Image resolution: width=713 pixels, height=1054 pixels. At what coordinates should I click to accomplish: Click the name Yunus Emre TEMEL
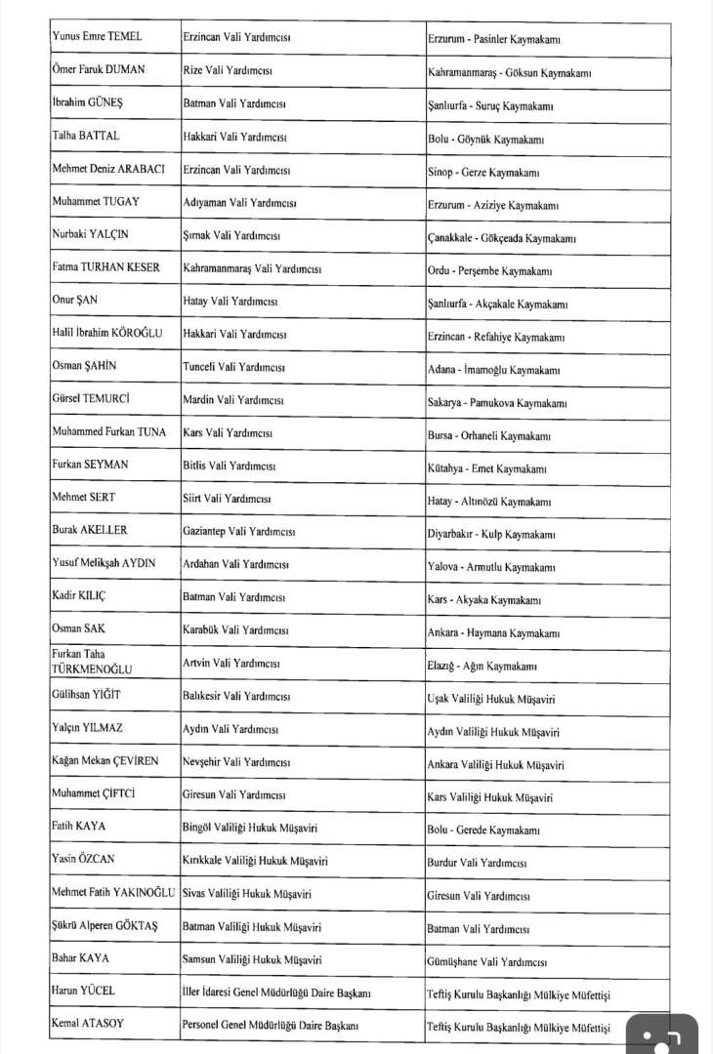coord(97,37)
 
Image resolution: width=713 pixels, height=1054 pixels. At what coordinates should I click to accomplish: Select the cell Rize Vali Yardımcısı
coord(227,71)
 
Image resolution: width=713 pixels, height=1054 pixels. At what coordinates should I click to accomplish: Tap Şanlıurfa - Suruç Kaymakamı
coord(485,104)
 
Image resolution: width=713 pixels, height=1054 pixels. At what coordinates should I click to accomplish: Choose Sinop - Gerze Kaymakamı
coord(483,172)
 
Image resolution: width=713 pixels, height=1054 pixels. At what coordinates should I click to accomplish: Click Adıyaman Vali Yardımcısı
coord(239,203)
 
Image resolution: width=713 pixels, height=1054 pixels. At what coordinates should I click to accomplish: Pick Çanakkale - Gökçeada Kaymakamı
coord(501,238)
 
